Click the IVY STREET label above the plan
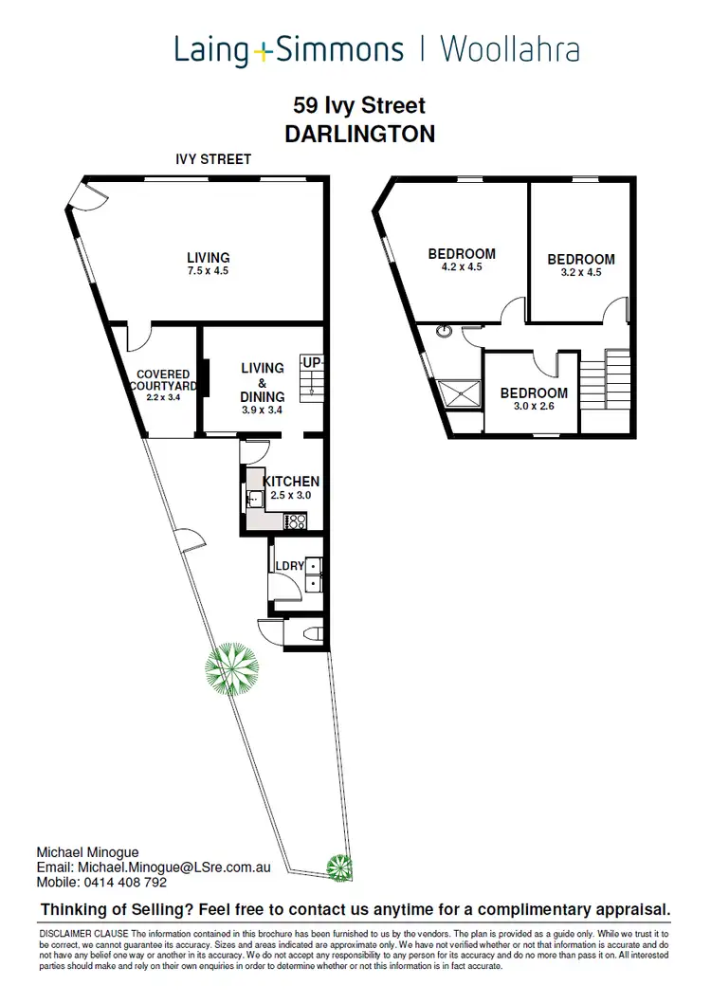click(213, 159)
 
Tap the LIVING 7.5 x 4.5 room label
click(208, 264)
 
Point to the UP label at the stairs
click(311, 362)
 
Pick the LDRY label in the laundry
click(289, 566)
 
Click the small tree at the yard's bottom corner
click(339, 866)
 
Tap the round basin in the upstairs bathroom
click(444, 332)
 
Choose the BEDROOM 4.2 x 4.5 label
click(462, 260)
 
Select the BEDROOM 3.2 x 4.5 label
click(581, 265)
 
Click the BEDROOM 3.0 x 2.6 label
click(534, 399)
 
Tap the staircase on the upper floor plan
click(604, 379)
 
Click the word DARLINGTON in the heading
click(359, 134)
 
